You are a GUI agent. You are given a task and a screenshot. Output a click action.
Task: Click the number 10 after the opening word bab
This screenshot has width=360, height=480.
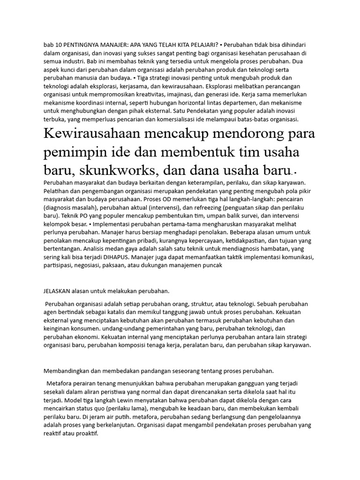pyautogui.click(x=58, y=45)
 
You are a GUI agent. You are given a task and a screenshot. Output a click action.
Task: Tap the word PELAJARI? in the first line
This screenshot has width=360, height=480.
pyautogui.click(x=204, y=45)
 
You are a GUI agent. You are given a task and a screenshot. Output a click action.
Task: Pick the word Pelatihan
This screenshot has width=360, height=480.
pyautogui.click(x=57, y=191)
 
